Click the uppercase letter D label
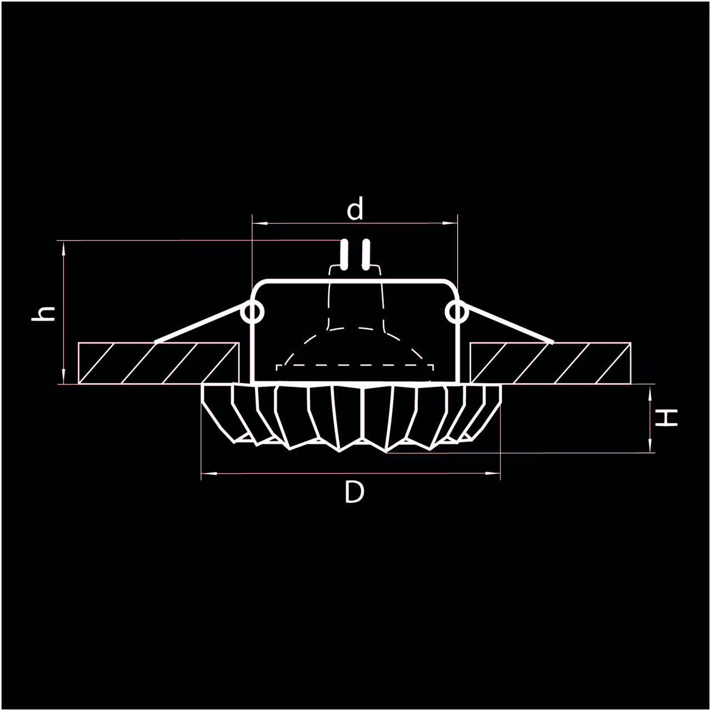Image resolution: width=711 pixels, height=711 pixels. pyautogui.click(x=354, y=492)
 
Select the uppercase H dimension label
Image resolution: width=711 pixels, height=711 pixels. pyautogui.click(x=666, y=418)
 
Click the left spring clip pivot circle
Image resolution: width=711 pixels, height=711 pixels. pyautogui.click(x=253, y=312)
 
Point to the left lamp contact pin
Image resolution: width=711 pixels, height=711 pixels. pyautogui.click(x=344, y=254)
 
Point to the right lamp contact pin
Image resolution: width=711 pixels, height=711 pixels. pyautogui.click(x=365, y=254)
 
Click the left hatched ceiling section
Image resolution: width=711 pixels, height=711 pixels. pyautogui.click(x=158, y=363)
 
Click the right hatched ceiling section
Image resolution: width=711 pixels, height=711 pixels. pyautogui.click(x=550, y=363)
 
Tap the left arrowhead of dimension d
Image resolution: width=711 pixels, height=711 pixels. pyautogui.click(x=259, y=223)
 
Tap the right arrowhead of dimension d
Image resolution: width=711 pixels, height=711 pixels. pyautogui.click(x=450, y=223)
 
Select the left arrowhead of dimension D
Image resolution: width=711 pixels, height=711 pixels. pyautogui.click(x=208, y=474)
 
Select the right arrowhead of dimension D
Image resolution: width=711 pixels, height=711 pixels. pyautogui.click(x=494, y=474)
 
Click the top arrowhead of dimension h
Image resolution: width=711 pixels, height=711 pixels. pyautogui.click(x=64, y=248)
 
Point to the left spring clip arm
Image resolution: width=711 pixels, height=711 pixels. pyautogui.click(x=200, y=322)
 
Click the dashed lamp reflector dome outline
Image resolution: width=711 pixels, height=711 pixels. pyautogui.click(x=355, y=329)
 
